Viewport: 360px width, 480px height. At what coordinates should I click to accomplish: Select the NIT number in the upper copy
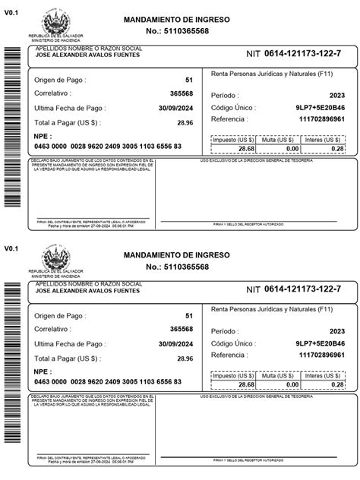pyautogui.click(x=302, y=53)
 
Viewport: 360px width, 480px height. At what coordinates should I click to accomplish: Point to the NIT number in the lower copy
pyautogui.click(x=302, y=289)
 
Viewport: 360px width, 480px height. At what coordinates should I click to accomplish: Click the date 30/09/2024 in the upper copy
pyautogui.click(x=175, y=109)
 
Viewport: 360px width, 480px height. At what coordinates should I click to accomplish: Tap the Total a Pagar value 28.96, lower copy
pyautogui.click(x=184, y=358)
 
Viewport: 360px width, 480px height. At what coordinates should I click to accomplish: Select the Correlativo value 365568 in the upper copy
pyautogui.click(x=181, y=94)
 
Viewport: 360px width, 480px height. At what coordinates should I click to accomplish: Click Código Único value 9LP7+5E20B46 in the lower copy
pyautogui.click(x=319, y=343)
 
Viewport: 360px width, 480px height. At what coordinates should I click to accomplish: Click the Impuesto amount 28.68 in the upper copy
pyautogui.click(x=245, y=150)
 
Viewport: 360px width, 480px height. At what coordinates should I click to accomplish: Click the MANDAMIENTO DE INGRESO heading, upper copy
pyautogui.click(x=176, y=19)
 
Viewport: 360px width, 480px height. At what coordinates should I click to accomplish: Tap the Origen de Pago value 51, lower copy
pyautogui.click(x=188, y=315)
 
